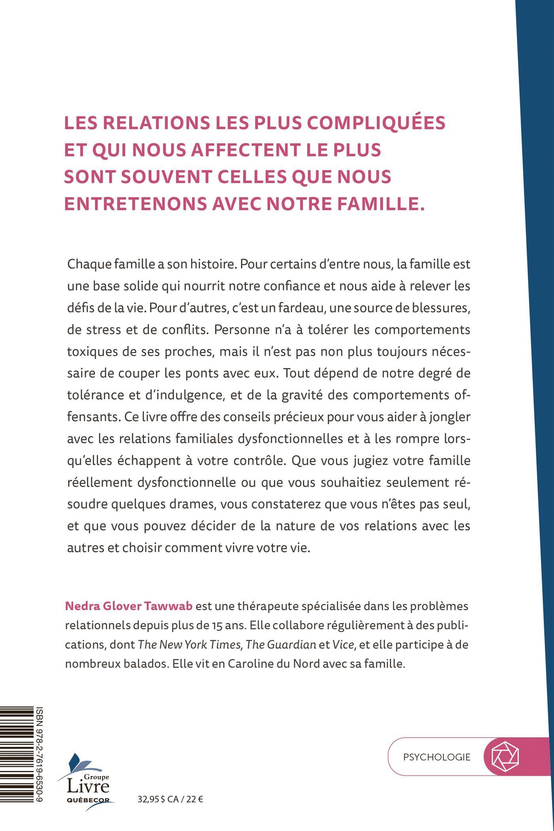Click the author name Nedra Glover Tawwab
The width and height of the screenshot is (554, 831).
pos(129,606)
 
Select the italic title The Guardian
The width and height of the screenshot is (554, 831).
pos(281,645)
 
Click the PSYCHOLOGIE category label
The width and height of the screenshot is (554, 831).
pos(437,757)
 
